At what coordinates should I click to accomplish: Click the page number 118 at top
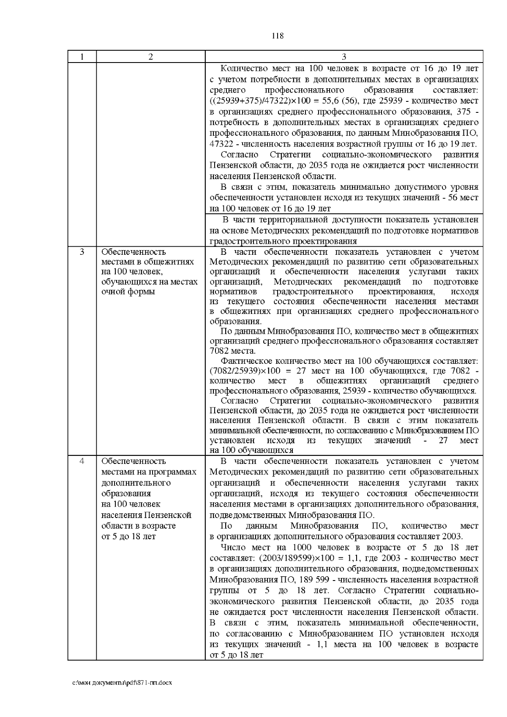[x=277, y=36]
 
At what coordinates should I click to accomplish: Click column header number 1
[x=82, y=57]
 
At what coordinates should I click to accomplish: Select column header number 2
[x=151, y=57]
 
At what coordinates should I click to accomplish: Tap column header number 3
[x=343, y=57]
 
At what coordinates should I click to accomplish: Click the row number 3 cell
[x=82, y=252]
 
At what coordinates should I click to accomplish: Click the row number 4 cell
[x=82, y=461]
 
